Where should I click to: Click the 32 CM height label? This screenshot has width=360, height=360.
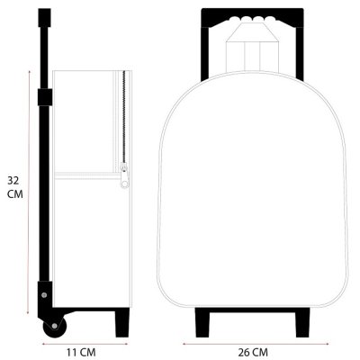point(15,187)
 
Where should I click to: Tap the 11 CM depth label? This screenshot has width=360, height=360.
point(81,353)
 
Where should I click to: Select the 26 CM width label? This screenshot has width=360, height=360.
point(253,353)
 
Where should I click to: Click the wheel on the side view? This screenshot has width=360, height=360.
point(55,326)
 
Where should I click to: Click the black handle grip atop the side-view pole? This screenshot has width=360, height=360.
point(44,18)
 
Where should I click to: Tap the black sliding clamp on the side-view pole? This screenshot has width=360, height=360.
point(45,97)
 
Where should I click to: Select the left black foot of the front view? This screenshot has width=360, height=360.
point(202,322)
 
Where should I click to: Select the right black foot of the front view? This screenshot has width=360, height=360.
point(301,322)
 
